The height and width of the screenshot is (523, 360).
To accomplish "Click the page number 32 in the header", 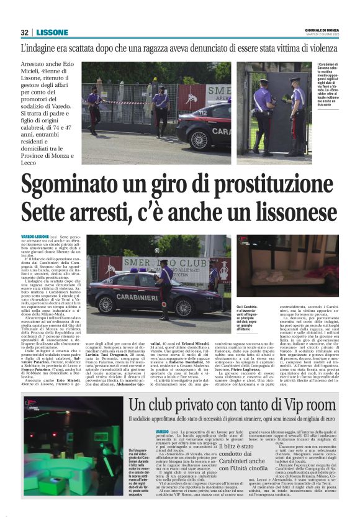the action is tap(24, 32).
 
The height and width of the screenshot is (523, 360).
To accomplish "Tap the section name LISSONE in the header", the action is tap(52, 32).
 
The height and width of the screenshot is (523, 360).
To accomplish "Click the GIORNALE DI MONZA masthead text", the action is tap(322, 30).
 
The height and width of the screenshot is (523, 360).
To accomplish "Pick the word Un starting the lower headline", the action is tap(138, 406).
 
